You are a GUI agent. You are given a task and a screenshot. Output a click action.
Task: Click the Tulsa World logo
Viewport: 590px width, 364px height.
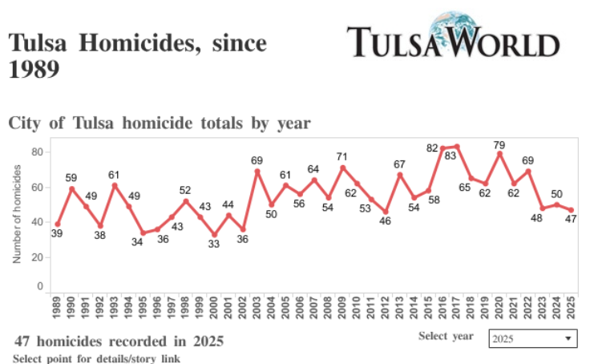pos(453,38)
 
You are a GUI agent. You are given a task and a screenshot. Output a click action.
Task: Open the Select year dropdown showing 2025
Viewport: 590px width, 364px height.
pos(533,338)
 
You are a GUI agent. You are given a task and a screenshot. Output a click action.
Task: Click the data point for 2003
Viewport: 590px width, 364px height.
pos(257,171)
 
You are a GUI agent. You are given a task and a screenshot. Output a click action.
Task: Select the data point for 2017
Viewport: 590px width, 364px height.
pos(457,147)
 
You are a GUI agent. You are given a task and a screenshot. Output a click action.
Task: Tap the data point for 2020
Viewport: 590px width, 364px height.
pos(499,153)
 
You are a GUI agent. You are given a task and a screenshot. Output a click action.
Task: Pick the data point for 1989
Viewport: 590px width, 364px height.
pos(57,224)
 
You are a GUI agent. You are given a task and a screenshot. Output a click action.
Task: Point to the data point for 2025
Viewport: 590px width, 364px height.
pos(571,210)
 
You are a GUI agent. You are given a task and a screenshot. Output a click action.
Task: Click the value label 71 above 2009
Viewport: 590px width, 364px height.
pos(342,156)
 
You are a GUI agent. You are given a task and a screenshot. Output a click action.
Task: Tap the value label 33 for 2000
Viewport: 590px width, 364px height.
pos(214,245)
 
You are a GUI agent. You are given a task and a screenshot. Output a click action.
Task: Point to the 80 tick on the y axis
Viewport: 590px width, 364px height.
pos(37,152)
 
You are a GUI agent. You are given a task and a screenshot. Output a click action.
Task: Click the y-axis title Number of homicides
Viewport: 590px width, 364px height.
pos(17,212)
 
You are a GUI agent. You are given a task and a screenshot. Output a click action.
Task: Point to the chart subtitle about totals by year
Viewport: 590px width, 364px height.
pos(160,123)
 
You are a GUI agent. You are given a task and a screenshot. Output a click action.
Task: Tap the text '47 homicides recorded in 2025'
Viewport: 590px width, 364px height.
pos(119,342)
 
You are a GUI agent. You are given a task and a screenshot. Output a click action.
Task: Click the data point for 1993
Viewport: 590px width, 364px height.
pos(115,185)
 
